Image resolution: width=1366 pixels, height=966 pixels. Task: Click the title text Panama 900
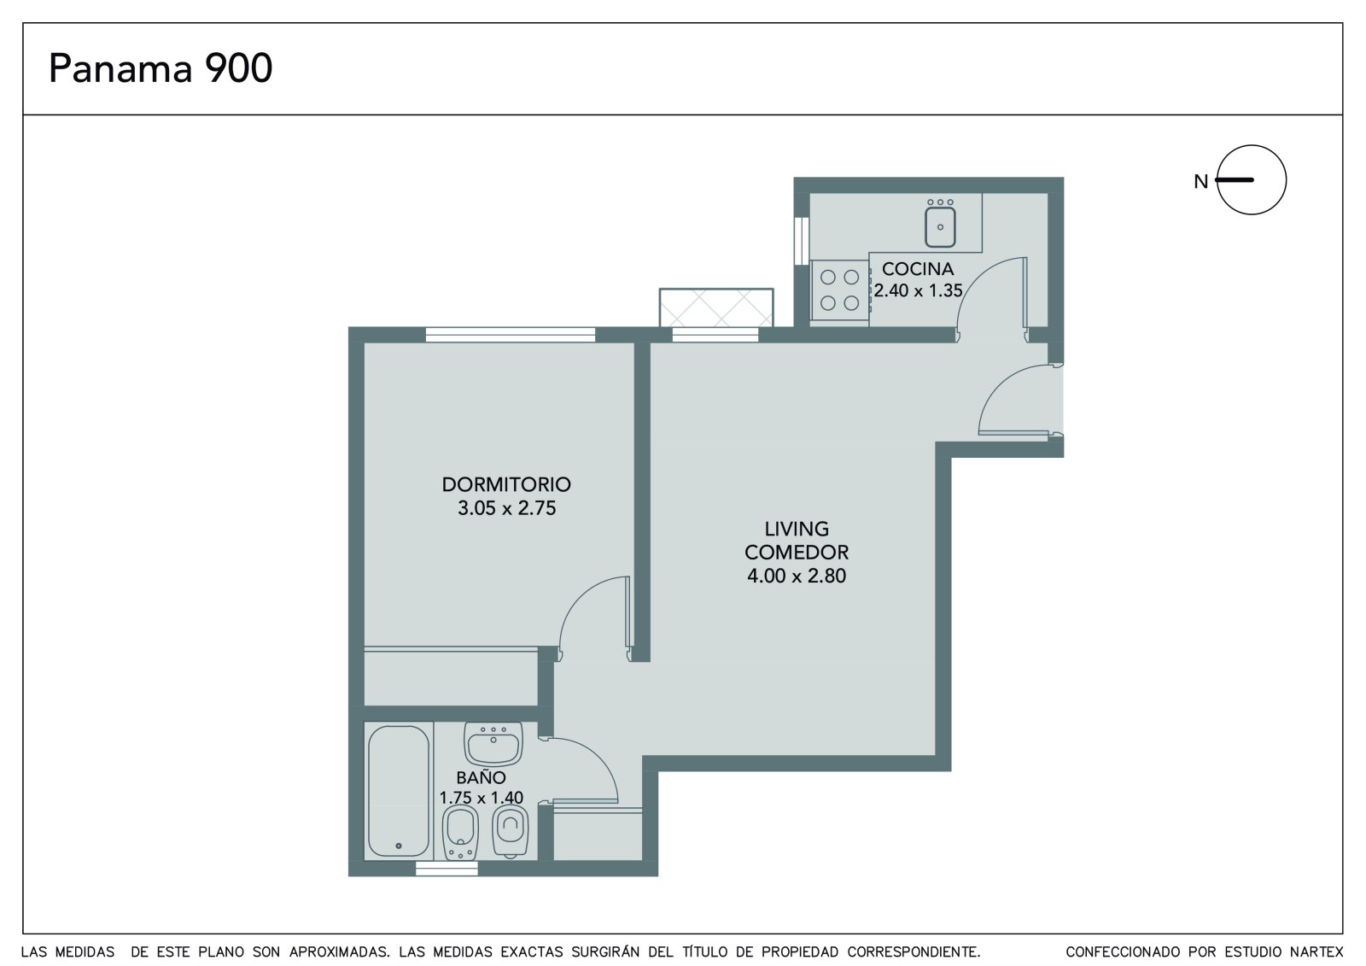(x=161, y=68)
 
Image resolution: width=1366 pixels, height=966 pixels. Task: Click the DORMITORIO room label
(x=506, y=484)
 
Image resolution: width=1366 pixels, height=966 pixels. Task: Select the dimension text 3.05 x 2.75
(x=507, y=508)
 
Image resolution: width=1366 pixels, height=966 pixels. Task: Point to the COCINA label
(x=918, y=268)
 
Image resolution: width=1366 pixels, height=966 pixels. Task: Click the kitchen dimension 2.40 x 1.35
(x=918, y=290)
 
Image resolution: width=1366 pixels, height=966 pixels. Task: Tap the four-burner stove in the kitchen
(x=840, y=290)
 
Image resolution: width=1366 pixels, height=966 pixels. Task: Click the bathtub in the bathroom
(x=398, y=791)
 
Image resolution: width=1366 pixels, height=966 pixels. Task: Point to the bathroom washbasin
(x=493, y=744)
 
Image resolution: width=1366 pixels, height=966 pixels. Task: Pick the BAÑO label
(x=482, y=777)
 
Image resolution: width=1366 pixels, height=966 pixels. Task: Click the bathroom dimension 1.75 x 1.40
(x=482, y=798)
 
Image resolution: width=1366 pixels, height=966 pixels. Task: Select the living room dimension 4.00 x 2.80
(x=797, y=576)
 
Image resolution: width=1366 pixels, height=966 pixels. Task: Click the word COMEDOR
(x=797, y=553)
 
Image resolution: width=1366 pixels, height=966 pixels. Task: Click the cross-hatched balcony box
(x=716, y=307)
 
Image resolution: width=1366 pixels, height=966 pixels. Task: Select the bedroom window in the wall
(x=510, y=335)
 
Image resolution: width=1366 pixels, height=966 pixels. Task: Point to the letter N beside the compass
(x=1200, y=181)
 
